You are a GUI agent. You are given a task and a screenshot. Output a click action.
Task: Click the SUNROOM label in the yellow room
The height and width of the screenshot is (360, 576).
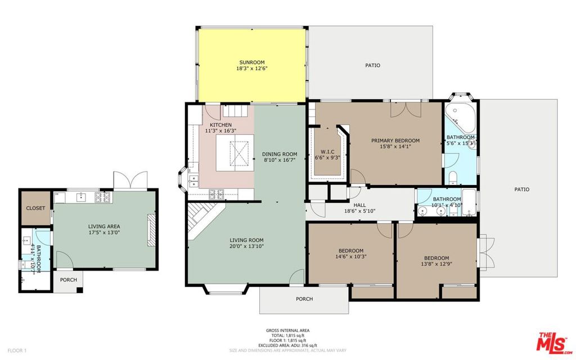tap(251, 62)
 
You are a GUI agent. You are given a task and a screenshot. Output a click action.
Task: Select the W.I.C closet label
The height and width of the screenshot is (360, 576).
tap(327, 151)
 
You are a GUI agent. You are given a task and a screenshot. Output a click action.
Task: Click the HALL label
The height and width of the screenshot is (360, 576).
tap(359, 206)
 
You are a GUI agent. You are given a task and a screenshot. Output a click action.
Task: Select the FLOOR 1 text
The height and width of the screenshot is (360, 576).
tap(17, 350)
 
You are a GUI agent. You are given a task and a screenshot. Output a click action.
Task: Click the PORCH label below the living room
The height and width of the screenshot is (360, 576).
tap(304, 299)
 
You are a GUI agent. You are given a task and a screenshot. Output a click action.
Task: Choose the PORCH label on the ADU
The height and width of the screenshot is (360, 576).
tap(68, 280)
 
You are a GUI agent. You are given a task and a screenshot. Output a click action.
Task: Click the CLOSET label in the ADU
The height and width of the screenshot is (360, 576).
tap(35, 208)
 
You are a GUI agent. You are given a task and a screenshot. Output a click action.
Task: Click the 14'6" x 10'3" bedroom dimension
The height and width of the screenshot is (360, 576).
tap(350, 257)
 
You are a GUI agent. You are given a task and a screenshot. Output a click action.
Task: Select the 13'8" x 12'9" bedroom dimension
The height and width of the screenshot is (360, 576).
tap(436, 264)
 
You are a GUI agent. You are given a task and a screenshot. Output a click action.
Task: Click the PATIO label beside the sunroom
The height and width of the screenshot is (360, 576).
tap(372, 65)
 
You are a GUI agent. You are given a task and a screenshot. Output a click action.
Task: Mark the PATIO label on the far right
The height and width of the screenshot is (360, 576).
tap(521, 190)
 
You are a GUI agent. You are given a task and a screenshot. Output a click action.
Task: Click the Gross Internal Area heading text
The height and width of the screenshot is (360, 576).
tap(287, 330)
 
